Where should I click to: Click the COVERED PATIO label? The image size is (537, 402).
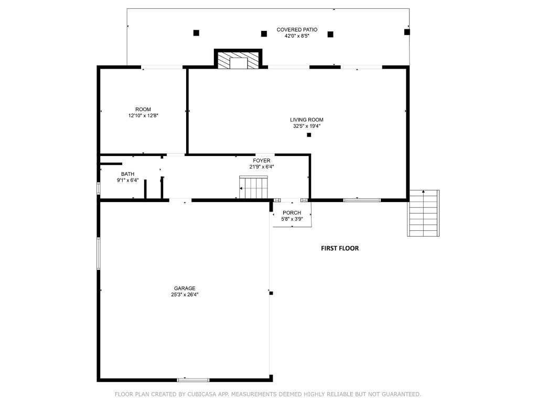[x=297, y=30]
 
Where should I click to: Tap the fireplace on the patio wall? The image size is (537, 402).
[x=239, y=60]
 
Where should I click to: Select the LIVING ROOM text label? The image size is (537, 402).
[x=307, y=120]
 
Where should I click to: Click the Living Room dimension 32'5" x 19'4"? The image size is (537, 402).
[x=307, y=126]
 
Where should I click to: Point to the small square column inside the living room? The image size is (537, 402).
[x=309, y=135]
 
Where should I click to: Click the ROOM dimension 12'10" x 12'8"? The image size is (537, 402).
[x=143, y=116]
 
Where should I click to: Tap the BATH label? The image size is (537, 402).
[x=127, y=174]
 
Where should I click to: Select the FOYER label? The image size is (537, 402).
[x=262, y=161]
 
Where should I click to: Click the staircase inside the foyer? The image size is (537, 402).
[x=254, y=188]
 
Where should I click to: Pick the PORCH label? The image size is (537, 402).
[x=292, y=213]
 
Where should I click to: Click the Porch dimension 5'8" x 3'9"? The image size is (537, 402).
[x=292, y=219]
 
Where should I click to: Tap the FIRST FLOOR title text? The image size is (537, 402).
[x=340, y=249]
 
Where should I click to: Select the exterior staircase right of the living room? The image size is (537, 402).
[x=423, y=213]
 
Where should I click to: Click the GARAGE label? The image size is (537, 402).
[x=185, y=288]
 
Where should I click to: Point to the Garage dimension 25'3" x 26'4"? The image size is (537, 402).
[x=185, y=295]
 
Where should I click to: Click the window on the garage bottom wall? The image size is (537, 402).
[x=193, y=379]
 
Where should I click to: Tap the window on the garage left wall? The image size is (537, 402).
[x=99, y=254]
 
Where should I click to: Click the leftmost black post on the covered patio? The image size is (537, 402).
[x=196, y=32]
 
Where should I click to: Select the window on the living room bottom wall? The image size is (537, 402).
[x=362, y=199]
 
